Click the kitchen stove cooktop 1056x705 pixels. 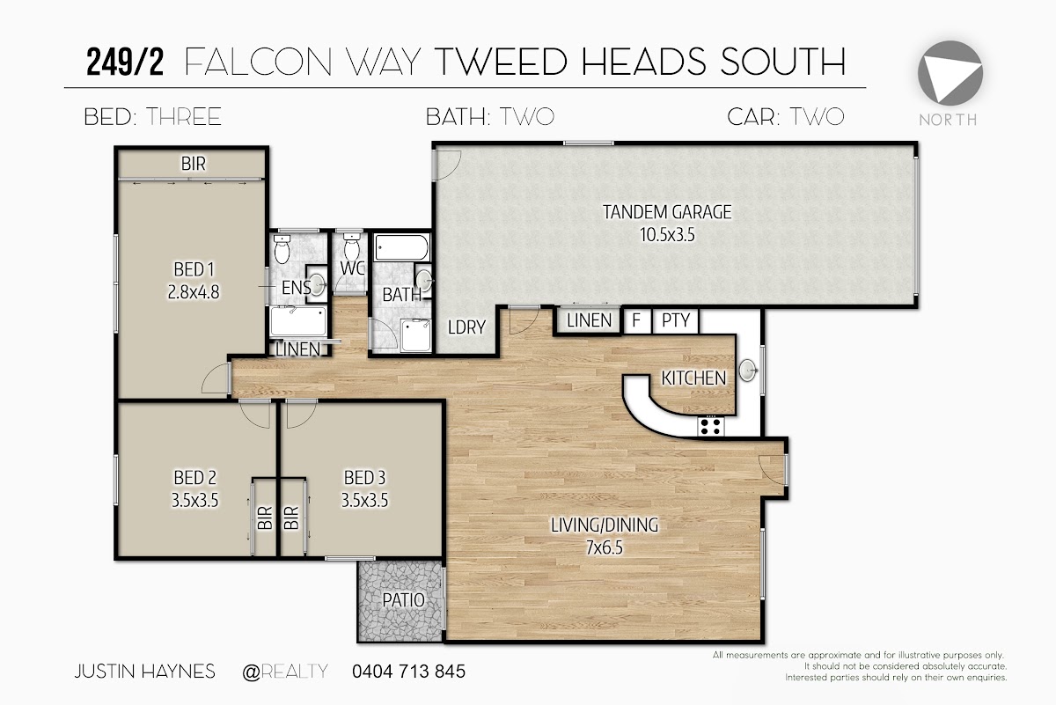click(x=710, y=426)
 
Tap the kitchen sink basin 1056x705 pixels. click(x=748, y=370)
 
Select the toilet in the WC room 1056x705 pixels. click(x=351, y=246)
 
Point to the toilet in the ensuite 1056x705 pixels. click(x=282, y=249)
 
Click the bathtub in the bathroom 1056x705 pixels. click(x=401, y=247)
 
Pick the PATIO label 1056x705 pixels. click(x=404, y=600)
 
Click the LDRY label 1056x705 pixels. click(x=466, y=327)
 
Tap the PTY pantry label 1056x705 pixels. click(x=676, y=320)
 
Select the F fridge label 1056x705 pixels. click(x=636, y=320)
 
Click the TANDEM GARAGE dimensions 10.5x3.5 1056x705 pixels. click(x=667, y=234)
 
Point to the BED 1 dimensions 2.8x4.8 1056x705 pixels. click(x=194, y=292)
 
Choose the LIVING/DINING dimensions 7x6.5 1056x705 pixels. click(x=605, y=547)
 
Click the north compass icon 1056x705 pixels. click(x=950, y=73)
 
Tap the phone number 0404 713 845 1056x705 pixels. click(x=408, y=671)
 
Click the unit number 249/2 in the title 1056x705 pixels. click(x=125, y=62)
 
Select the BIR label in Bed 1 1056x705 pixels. click(x=194, y=164)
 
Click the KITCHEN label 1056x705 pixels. click(x=693, y=378)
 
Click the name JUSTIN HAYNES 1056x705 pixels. click(x=144, y=671)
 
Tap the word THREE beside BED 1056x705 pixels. click(x=183, y=117)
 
